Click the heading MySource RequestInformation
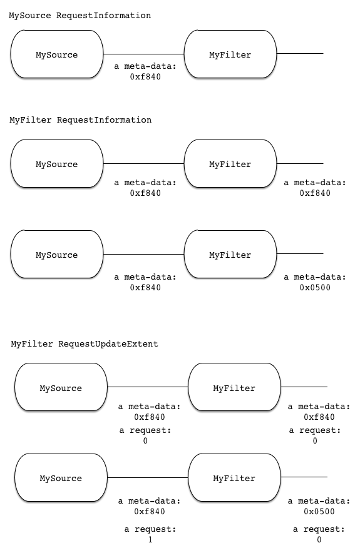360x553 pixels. pos(80,16)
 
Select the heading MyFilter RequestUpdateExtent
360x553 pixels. pos(85,344)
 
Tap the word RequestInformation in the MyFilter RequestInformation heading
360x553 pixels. pos(104,120)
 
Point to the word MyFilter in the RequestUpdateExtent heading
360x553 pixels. pos(32,344)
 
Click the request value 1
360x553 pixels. pos(150,540)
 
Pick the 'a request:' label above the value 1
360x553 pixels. pos(150,529)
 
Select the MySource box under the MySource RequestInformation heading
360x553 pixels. pos(57,54)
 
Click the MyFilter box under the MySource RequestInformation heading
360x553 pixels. pos(230,54)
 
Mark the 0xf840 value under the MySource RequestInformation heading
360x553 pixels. pos(145,76)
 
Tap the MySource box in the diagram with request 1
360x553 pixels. pos(61,477)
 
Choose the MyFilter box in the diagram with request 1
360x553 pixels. pos(234,477)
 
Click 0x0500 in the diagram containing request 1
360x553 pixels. pos(319,511)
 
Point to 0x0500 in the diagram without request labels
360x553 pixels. pos(315,287)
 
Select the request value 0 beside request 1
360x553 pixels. pos(319,540)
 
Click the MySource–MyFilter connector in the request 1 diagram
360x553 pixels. pos(148,477)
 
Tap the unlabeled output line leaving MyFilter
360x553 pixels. pos(300,54)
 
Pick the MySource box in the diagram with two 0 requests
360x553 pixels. pos(61,387)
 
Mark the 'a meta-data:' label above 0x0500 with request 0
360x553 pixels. pos(319,501)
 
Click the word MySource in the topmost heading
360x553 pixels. pos(30,16)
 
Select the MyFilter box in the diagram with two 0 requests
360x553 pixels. pos(234,387)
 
